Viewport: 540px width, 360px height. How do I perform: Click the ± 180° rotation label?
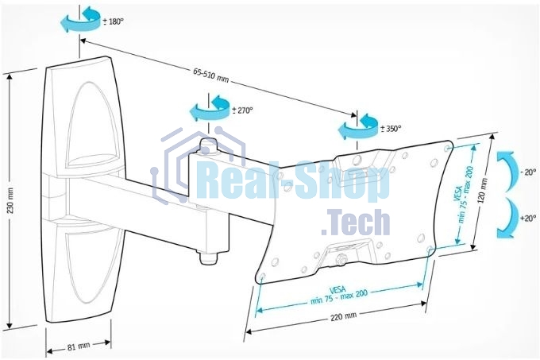point(113,21)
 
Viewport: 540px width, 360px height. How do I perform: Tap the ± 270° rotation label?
point(242,110)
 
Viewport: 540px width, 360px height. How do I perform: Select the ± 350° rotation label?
point(391,129)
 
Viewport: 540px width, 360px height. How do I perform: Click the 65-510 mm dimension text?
point(210,75)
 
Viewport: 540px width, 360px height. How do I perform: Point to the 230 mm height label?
point(10,200)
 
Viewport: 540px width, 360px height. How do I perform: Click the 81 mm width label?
point(79,346)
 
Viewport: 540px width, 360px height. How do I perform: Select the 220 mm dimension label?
point(343,316)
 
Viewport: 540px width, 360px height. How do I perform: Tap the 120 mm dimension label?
point(483,191)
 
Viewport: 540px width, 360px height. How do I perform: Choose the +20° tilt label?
point(528,218)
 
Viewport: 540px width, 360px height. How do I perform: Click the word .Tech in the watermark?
point(356,223)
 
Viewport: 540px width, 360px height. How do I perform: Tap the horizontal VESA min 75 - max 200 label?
point(339,295)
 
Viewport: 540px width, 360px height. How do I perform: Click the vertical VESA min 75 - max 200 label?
point(464,194)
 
